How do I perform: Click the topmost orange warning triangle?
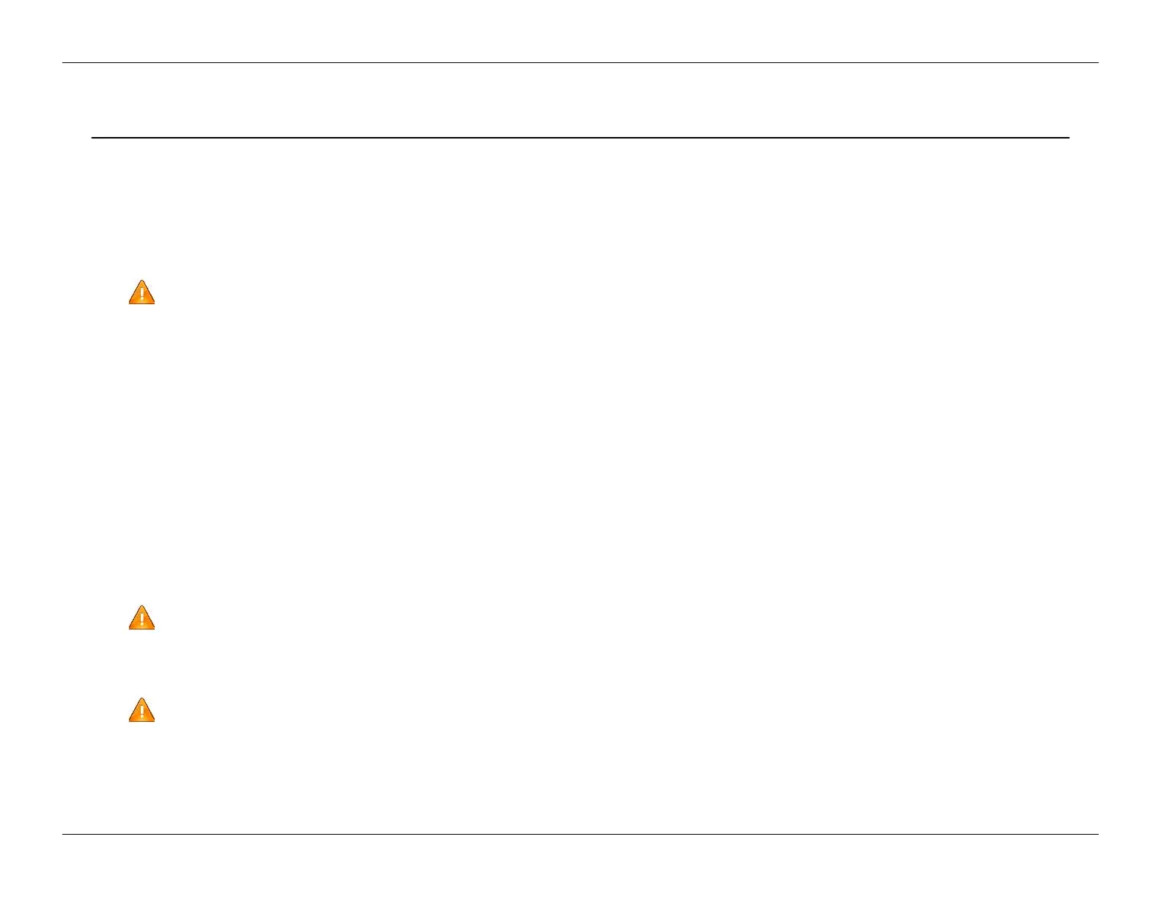tap(141, 293)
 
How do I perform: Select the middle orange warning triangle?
tap(141, 619)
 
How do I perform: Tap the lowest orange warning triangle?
tap(141, 711)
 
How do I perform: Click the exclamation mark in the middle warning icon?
tap(141, 620)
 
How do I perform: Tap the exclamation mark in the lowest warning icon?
tap(141, 712)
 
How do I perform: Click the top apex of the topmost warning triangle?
tap(141, 281)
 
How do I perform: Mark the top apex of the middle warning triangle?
tap(141, 606)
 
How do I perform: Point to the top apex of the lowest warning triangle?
tap(141, 698)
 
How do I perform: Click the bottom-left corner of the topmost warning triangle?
tap(130, 303)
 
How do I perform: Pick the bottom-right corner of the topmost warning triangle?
tap(154, 303)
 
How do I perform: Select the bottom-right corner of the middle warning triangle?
tap(154, 628)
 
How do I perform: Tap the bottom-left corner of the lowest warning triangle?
tap(130, 720)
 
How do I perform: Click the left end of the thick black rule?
tap(92, 137)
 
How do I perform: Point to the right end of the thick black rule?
tap(1069, 137)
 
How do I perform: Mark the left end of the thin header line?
tap(62, 63)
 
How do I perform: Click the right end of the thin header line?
tap(1099, 63)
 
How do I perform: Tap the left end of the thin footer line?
tap(62, 834)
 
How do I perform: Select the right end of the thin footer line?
tap(1099, 834)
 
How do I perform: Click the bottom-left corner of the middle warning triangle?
tap(130, 628)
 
